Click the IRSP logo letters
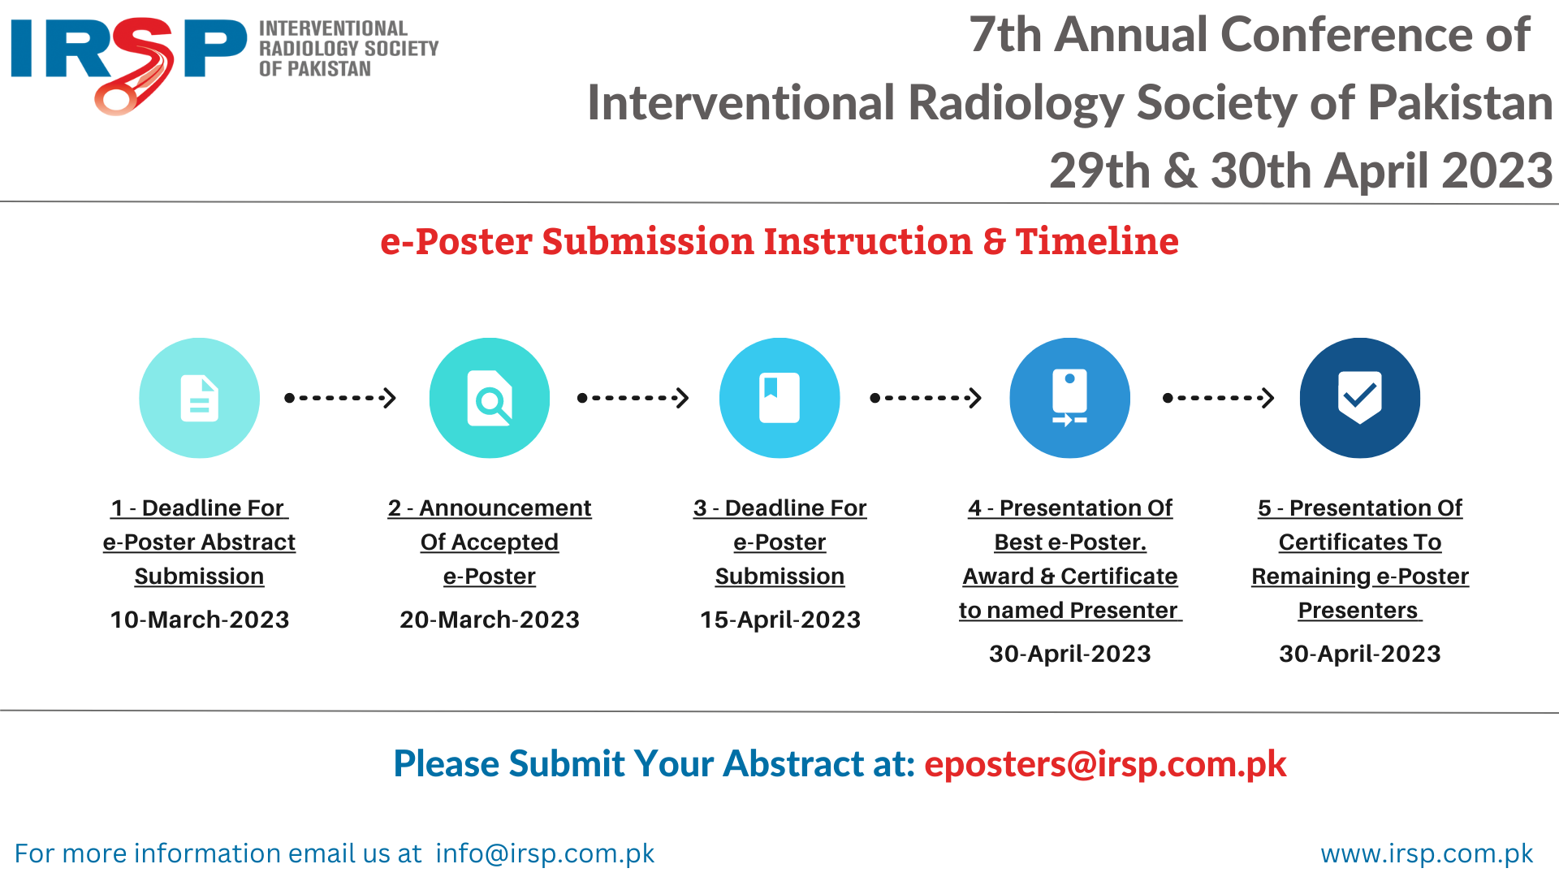(x=128, y=63)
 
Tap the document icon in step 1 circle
(x=200, y=398)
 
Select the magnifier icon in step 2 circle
(x=490, y=398)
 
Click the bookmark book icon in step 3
(x=779, y=398)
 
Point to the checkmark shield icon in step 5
(x=1360, y=397)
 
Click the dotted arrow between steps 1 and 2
(x=340, y=398)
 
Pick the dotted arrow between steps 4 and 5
(x=1219, y=398)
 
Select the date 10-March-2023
(x=200, y=620)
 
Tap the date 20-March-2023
(x=490, y=620)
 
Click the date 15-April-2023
(x=780, y=620)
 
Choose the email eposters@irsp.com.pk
(x=1105, y=764)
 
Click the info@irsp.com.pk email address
(x=545, y=853)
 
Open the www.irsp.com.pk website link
(x=1427, y=853)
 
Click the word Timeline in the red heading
(x=1097, y=241)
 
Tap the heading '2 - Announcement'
(x=490, y=508)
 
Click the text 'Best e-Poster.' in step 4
(x=1070, y=542)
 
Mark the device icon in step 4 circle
(x=1070, y=397)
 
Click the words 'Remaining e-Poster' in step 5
(x=1360, y=577)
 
